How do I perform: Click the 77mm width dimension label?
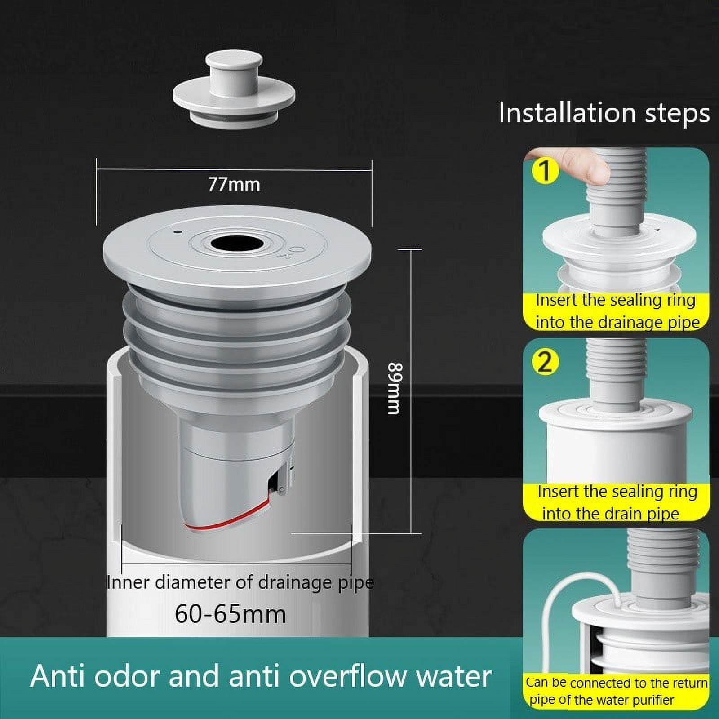pyautogui.click(x=234, y=185)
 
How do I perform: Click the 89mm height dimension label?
pyautogui.click(x=394, y=388)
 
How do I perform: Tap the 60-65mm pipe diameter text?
pyautogui.click(x=230, y=614)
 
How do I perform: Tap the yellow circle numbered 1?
pyautogui.click(x=544, y=171)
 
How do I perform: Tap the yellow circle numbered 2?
pyautogui.click(x=544, y=362)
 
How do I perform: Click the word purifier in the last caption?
pyautogui.click(x=653, y=700)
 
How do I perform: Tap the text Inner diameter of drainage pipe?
pyautogui.click(x=240, y=583)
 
